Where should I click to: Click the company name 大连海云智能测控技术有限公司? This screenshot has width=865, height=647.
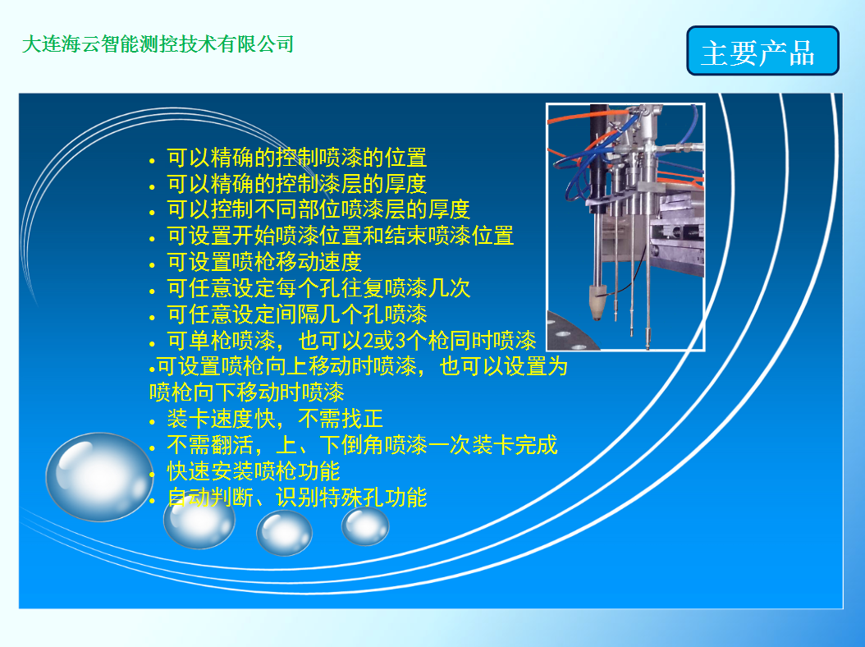click(158, 44)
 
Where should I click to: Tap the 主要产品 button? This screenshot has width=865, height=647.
click(762, 51)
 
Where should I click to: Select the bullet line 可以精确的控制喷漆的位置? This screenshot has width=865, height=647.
click(297, 158)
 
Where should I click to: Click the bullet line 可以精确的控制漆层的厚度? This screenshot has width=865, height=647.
click(297, 184)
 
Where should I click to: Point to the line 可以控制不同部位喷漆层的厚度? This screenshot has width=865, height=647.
click(318, 209)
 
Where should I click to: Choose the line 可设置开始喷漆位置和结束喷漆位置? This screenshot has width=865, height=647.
click(341, 236)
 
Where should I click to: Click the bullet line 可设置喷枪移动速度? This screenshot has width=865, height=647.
click(264, 262)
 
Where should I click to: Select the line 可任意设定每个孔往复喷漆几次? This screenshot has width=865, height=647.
click(318, 288)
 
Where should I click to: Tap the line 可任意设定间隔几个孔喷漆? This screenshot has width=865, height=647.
click(297, 314)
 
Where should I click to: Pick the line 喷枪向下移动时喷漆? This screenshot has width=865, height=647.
click(246, 392)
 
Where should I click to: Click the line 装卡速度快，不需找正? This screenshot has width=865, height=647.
click(275, 419)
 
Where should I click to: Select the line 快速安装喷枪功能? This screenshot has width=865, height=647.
click(254, 471)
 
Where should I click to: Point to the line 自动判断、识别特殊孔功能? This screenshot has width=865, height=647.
click(297, 498)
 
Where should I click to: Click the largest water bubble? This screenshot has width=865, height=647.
click(99, 477)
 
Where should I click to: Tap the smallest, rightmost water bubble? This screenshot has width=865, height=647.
click(365, 526)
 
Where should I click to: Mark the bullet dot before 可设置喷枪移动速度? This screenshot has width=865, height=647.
click(153, 265)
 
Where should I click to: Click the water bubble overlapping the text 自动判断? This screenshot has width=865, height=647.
click(199, 521)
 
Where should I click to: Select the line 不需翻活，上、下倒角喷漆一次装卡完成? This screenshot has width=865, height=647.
click(362, 445)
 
